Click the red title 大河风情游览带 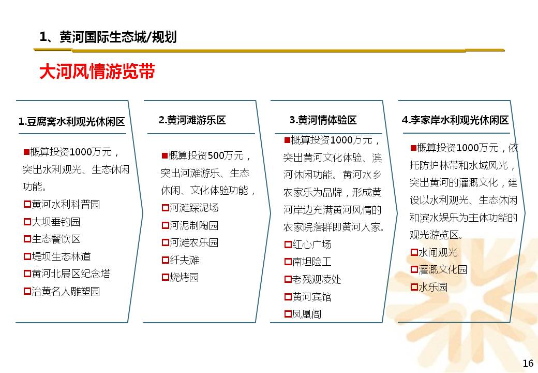click(x=97, y=71)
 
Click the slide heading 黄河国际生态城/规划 click(x=118, y=37)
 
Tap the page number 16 click(x=528, y=363)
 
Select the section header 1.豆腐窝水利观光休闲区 click(x=72, y=121)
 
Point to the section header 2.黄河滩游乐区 click(x=192, y=120)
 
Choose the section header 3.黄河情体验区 click(x=323, y=120)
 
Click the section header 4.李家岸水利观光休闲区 click(x=455, y=120)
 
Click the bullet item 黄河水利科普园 click(x=66, y=204)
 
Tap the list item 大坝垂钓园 click(x=56, y=222)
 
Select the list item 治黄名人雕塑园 click(x=66, y=291)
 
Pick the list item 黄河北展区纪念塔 click(x=71, y=274)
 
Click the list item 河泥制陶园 click(x=194, y=225)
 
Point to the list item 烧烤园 click(x=184, y=277)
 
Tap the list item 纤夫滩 click(x=185, y=260)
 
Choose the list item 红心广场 click(x=311, y=244)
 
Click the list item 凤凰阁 click(x=307, y=314)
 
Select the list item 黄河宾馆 click(x=311, y=297)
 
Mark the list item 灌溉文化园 click(x=443, y=269)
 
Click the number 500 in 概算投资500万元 click(x=216, y=155)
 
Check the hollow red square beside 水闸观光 click(x=414, y=252)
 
